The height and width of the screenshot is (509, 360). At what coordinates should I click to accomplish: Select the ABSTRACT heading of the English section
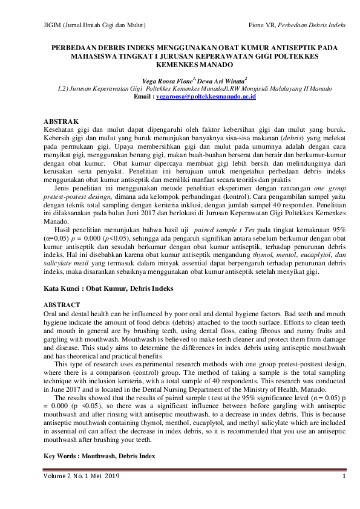[x=63, y=306]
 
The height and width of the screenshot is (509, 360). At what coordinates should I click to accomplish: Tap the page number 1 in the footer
[x=344, y=477]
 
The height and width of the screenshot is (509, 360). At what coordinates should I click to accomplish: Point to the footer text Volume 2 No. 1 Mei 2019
[x=82, y=477]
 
